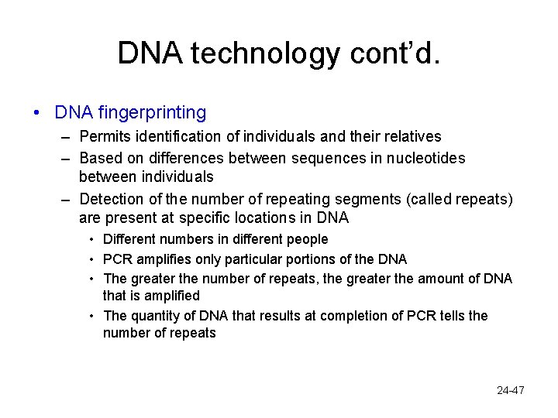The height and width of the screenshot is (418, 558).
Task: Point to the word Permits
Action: point(105,137)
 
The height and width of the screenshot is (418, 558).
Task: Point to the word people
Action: point(307,239)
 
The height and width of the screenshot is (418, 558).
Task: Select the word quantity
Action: point(153,315)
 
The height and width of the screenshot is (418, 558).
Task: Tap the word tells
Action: point(450,315)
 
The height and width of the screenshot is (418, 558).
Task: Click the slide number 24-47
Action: point(511,390)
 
